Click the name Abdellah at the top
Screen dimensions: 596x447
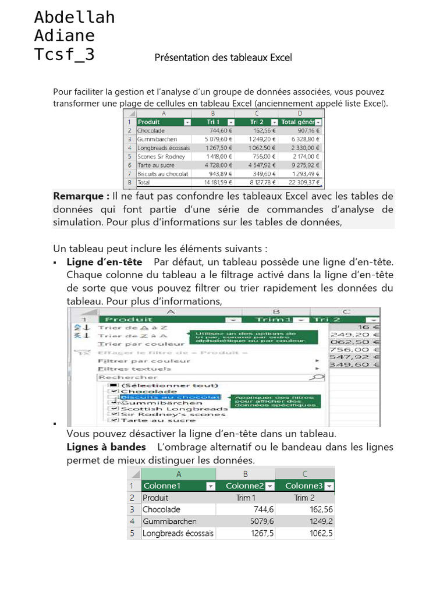[74, 17]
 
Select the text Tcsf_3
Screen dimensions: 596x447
[64, 55]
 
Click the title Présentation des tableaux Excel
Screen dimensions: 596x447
[223, 58]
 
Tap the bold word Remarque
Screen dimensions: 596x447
[81, 196]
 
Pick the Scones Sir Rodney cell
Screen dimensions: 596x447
[161, 157]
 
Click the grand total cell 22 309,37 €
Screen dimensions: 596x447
[300, 182]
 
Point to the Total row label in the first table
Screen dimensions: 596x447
[144, 182]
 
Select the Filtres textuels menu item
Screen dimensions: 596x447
[134, 369]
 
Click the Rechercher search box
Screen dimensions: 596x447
[204, 377]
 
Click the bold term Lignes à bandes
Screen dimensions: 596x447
[107, 447]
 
